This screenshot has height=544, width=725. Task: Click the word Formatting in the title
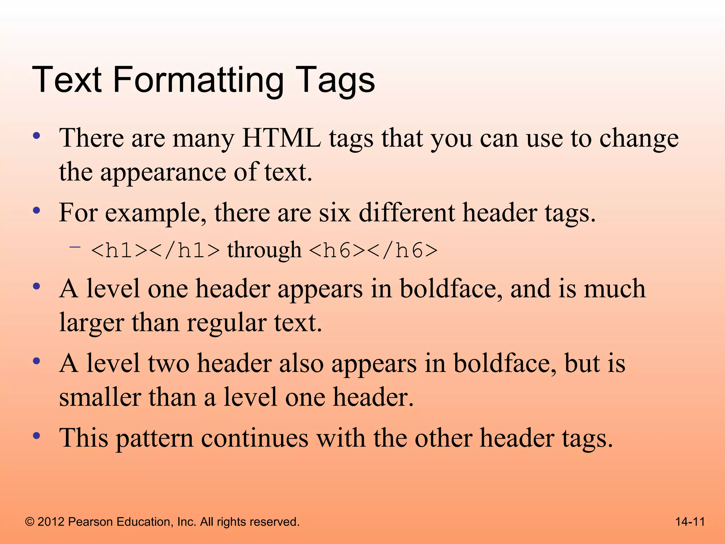[x=198, y=81]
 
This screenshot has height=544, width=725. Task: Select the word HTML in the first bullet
[x=281, y=138]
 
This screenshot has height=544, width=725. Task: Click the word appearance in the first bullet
[x=163, y=172]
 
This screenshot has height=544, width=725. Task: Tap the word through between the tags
[x=264, y=250]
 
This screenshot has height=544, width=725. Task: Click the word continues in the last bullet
[x=255, y=438]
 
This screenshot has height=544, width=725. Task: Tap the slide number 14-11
[x=690, y=522]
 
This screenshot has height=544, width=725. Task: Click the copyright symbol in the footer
[x=30, y=522]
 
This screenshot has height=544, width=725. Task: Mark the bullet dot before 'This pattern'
[x=36, y=436]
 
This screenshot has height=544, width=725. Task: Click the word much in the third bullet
[x=615, y=289]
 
